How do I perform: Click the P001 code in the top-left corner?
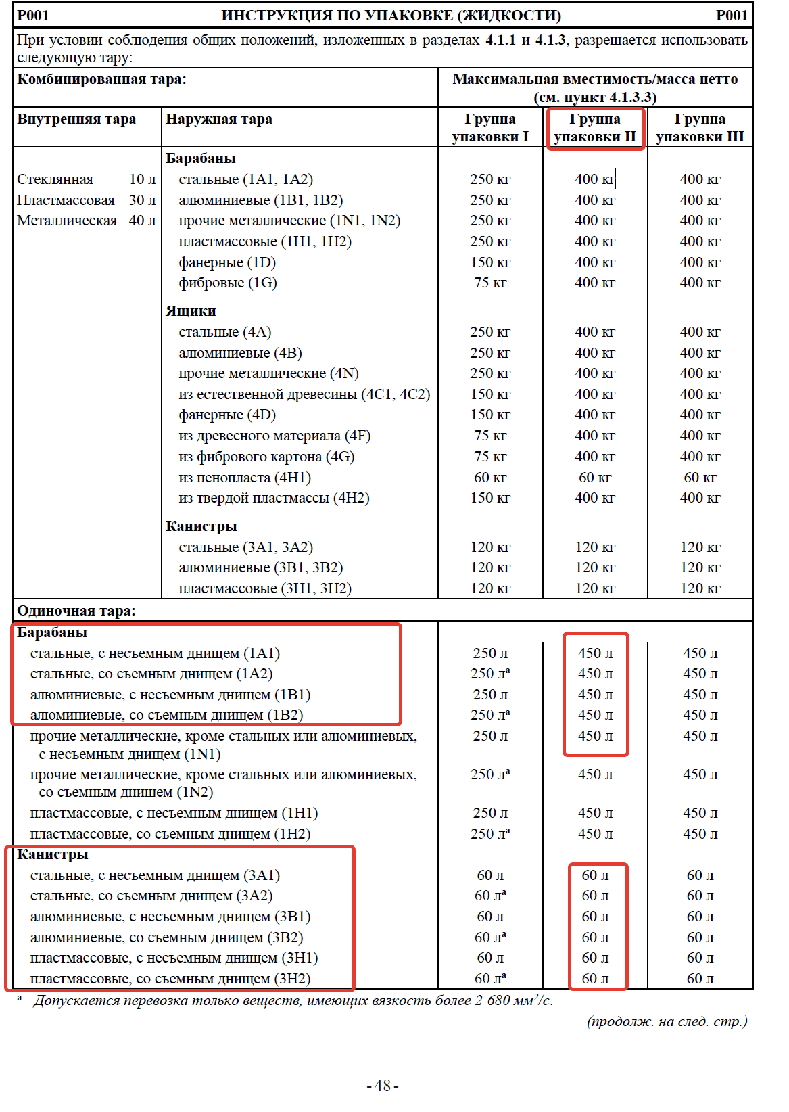33,16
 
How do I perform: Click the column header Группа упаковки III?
700,128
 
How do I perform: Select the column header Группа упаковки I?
490,128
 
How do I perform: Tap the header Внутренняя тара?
76,120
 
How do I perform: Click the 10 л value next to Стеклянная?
142,179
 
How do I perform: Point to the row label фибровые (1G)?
228,283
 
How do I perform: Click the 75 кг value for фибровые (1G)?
490,283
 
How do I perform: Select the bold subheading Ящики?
191,311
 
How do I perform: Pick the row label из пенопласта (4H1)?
245,478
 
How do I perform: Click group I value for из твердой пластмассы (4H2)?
490,498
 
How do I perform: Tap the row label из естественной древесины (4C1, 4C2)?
304,394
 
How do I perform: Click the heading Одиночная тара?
76,611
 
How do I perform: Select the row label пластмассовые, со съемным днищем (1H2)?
170,834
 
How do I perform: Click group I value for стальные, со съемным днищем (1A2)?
490,674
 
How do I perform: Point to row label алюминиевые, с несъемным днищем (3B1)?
170,917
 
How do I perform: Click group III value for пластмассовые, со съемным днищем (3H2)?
700,979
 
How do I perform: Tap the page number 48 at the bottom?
383,1086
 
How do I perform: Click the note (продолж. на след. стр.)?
667,1021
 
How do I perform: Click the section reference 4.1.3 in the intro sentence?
550,40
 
